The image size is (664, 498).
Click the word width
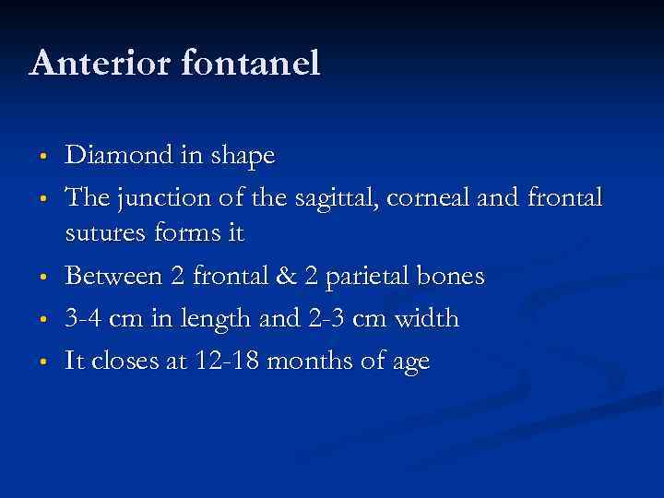425,318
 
